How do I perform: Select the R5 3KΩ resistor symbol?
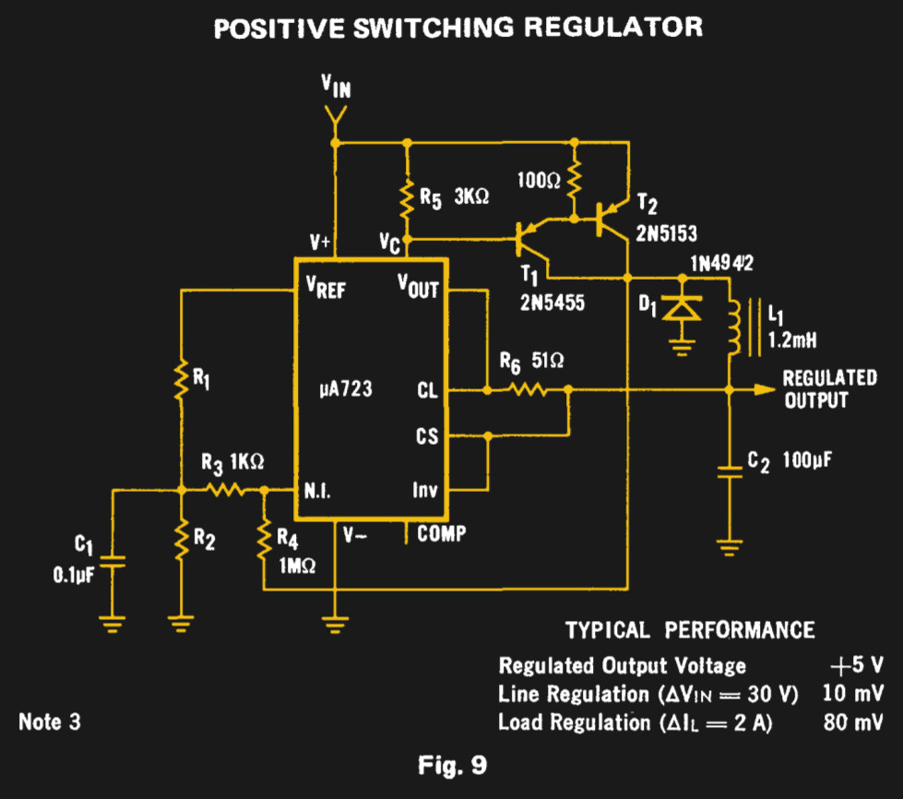tap(405, 197)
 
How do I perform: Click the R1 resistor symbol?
tap(182, 379)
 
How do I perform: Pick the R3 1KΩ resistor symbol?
tap(224, 491)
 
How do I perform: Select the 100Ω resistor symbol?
tap(574, 181)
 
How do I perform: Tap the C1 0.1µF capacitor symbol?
tap(112, 563)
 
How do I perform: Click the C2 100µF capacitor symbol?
tap(730, 471)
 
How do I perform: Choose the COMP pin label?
tap(441, 533)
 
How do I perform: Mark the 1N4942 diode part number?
tap(722, 264)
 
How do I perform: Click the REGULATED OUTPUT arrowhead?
tap(765, 389)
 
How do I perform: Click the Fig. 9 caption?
tap(451, 764)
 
